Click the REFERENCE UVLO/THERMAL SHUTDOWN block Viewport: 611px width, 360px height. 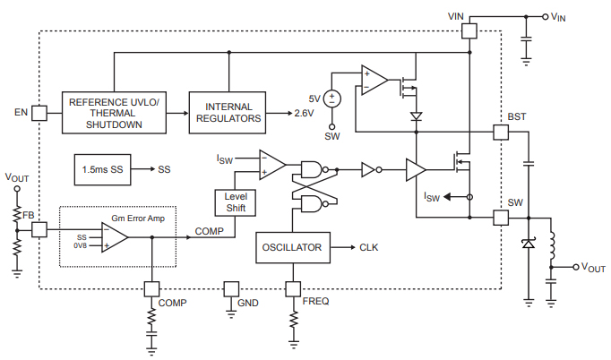click(114, 112)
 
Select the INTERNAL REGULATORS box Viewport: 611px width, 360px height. click(228, 112)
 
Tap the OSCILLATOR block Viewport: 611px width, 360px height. click(292, 248)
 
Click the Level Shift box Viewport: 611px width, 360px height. click(235, 202)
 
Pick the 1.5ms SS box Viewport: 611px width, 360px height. click(102, 169)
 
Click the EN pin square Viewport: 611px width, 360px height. click(39, 112)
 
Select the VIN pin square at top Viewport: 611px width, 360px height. click(469, 30)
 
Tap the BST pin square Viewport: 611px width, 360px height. click(501, 132)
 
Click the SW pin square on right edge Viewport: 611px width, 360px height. click(501, 217)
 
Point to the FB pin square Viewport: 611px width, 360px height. click(39, 230)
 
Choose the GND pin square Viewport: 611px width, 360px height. click(230, 288)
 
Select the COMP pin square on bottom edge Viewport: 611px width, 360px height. click(151, 288)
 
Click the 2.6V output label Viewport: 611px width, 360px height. click(305, 115)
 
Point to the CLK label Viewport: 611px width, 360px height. click(370, 248)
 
